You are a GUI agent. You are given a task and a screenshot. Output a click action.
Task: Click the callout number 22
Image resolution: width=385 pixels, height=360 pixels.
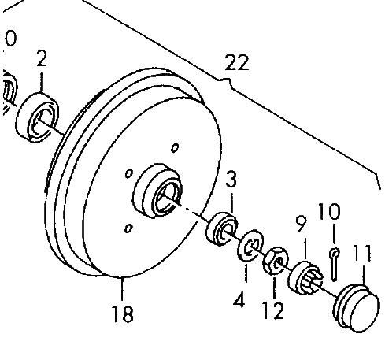click(237, 62)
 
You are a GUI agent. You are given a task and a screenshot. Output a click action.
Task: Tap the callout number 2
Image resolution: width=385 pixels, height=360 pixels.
click(42, 58)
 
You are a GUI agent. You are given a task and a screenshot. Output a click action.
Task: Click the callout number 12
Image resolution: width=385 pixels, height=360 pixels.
click(273, 310)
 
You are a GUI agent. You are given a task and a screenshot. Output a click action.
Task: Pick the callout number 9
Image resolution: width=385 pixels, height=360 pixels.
click(301, 224)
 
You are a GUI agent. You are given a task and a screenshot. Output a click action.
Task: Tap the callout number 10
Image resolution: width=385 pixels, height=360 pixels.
click(329, 211)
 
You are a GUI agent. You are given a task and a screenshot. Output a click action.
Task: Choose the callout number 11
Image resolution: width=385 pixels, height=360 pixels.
click(362, 254)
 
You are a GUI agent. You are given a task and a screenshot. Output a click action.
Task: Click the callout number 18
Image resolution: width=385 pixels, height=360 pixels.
click(123, 314)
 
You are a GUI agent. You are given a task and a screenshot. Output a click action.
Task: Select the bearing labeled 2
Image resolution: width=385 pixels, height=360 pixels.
click(37, 117)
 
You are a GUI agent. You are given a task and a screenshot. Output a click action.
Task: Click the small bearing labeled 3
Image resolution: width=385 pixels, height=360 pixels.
click(222, 228)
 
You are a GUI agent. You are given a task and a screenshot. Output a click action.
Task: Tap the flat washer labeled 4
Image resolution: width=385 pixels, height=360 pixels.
click(250, 246)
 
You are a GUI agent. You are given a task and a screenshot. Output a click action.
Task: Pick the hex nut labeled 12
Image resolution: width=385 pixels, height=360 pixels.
click(276, 261)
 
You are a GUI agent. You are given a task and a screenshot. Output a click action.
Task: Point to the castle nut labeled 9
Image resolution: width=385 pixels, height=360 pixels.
click(305, 276)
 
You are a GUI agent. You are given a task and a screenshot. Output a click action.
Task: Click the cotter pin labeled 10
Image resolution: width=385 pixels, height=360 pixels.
click(334, 264)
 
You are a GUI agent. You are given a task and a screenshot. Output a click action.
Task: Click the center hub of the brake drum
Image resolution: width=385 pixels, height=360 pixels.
click(158, 191)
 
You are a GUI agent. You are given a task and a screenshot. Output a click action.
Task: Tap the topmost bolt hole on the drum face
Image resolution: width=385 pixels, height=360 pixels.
click(175, 148)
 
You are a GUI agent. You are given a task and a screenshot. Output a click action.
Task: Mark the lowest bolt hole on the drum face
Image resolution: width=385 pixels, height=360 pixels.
click(128, 228)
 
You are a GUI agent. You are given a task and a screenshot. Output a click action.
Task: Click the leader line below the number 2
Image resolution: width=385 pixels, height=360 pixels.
click(41, 82)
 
